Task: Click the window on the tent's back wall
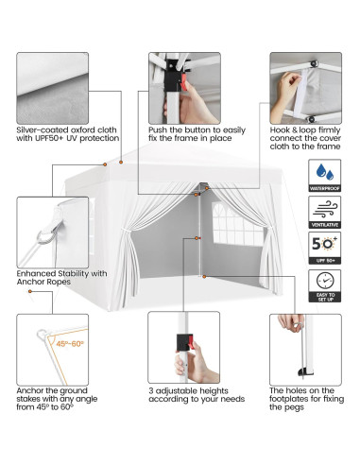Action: (230, 235)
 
